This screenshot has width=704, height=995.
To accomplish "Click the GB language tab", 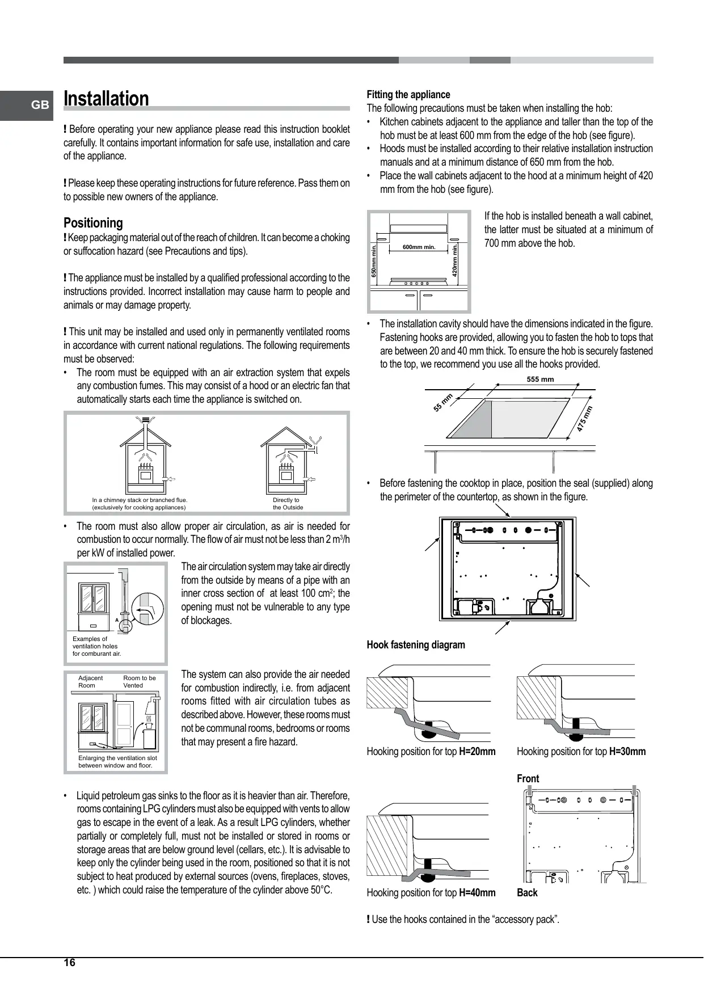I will point(39,105).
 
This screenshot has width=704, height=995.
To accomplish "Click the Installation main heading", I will point(106,99).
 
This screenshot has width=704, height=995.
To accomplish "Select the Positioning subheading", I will point(93,223).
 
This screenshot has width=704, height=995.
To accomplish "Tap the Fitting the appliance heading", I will point(408,95).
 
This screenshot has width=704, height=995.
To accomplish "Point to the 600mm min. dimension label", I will point(419,247).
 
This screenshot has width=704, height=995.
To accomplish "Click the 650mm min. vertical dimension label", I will point(374,260).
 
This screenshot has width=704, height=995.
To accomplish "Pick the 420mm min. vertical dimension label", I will point(455,260).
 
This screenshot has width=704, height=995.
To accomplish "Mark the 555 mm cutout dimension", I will point(540,380).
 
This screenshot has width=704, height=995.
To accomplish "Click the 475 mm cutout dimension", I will point(584,419).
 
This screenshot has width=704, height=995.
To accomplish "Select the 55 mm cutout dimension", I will point(442,403).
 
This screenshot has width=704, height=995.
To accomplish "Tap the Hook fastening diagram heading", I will point(415,645).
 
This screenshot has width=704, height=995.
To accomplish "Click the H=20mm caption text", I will point(477,752).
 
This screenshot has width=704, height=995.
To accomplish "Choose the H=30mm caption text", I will point(627,752).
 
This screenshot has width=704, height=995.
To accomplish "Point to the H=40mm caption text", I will point(477,893).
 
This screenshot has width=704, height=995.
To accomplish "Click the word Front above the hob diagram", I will point(528,779).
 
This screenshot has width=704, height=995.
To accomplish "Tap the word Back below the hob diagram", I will point(527,893).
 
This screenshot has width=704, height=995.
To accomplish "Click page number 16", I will point(69,963).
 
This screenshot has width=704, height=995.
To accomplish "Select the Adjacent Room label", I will point(90,682).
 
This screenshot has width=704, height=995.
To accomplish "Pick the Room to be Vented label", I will point(139,682).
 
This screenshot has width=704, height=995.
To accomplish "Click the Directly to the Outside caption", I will point(288,504).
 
